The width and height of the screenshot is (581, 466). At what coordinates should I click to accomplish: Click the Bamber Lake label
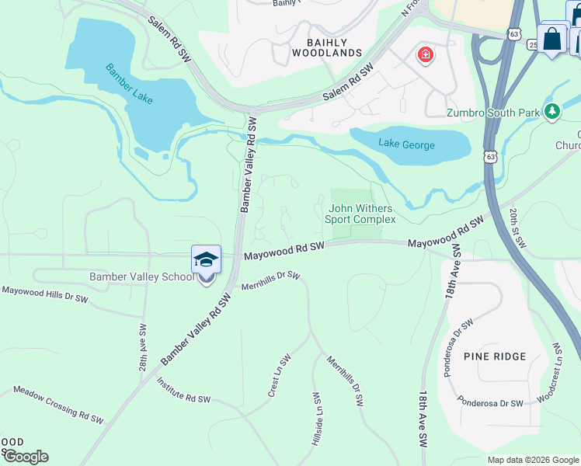click(130, 84)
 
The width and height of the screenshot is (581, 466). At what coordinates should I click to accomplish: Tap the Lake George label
click(406, 144)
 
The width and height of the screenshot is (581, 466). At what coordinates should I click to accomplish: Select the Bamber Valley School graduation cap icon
click(207, 259)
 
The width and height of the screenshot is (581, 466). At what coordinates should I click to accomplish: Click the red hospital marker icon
click(425, 55)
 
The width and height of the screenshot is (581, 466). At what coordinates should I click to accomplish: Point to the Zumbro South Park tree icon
click(552, 112)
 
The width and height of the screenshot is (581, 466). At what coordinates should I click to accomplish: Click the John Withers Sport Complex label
click(360, 214)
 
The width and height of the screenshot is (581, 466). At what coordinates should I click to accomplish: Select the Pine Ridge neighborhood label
click(495, 356)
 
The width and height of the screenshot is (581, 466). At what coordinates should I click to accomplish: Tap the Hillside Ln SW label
click(317, 418)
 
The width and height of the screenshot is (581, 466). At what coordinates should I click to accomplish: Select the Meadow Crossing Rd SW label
click(58, 405)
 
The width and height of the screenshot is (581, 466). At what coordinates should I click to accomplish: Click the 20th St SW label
click(518, 228)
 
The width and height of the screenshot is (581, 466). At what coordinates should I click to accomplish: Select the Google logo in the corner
click(26, 457)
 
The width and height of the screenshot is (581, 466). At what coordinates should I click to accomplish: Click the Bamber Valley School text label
click(141, 276)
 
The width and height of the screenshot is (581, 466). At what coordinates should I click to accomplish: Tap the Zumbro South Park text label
click(492, 113)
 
